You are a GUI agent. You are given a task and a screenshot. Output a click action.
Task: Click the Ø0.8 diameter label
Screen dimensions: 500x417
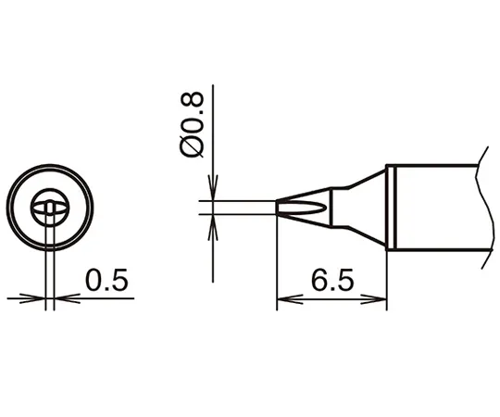(x=192, y=125)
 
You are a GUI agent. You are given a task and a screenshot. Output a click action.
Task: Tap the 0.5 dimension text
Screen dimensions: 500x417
(x=106, y=280)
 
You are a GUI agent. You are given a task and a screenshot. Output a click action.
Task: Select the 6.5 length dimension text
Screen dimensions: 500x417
(x=332, y=280)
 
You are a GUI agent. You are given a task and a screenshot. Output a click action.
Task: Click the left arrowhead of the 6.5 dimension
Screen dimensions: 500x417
(x=290, y=299)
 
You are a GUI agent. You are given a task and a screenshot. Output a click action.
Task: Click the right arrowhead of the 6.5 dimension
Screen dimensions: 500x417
(x=374, y=299)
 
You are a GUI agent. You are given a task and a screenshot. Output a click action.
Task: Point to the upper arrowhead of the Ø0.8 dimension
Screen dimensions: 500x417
(x=213, y=188)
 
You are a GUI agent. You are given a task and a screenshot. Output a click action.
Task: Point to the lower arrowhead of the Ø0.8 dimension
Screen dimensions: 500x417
(x=213, y=227)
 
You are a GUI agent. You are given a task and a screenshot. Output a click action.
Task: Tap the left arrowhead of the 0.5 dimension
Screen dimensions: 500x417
(x=32, y=298)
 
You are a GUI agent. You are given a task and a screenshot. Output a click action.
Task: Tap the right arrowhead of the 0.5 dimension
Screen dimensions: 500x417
(x=68, y=298)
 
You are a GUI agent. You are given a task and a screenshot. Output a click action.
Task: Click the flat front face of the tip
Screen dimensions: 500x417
(x=278, y=208)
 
